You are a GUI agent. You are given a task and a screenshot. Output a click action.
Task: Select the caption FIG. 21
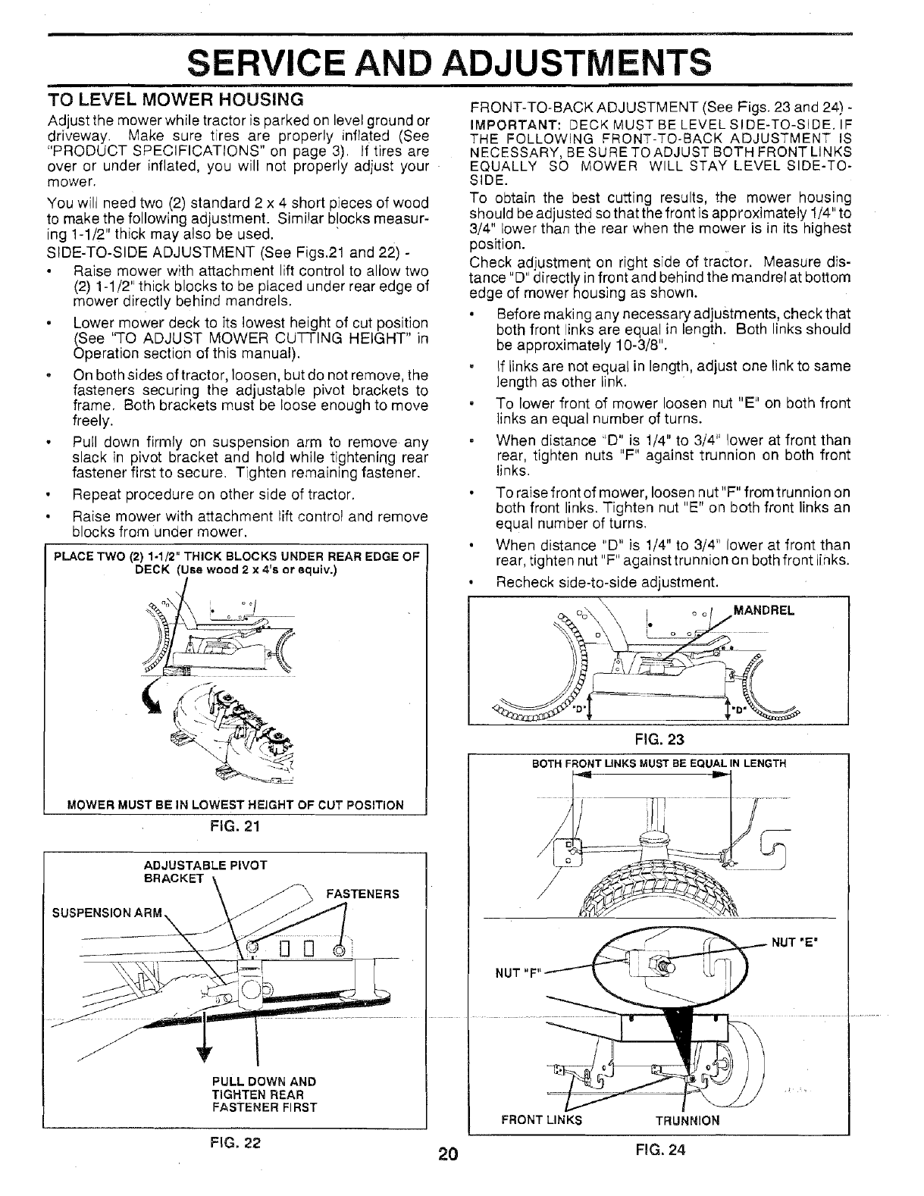click(x=236, y=826)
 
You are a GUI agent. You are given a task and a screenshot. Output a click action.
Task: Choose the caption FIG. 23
click(x=658, y=740)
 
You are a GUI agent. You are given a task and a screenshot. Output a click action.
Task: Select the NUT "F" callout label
click(x=517, y=973)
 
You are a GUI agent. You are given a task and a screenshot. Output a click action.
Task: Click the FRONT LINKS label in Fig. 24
click(x=541, y=1120)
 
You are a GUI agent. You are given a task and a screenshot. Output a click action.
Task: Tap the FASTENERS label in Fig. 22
click(x=361, y=894)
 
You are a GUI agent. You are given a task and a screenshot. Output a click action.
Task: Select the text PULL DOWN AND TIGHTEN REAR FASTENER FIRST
click(x=264, y=1094)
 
